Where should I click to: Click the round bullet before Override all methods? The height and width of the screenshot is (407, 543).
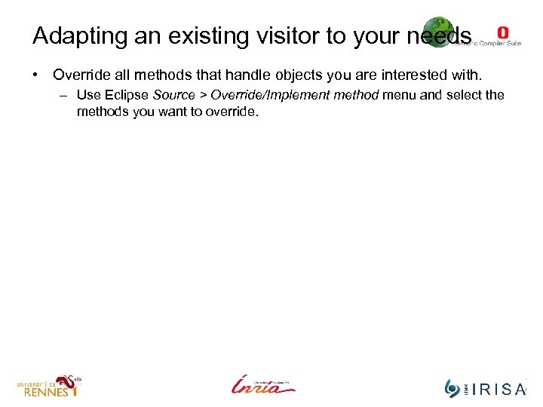[35, 75]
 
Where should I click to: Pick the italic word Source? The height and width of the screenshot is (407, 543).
[174, 95]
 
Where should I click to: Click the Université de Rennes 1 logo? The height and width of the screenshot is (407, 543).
[49, 385]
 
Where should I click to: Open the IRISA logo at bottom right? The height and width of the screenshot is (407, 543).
[486, 387]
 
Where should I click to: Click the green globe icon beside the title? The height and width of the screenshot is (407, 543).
[437, 31]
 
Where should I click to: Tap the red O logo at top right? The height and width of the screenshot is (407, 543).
[503, 32]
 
